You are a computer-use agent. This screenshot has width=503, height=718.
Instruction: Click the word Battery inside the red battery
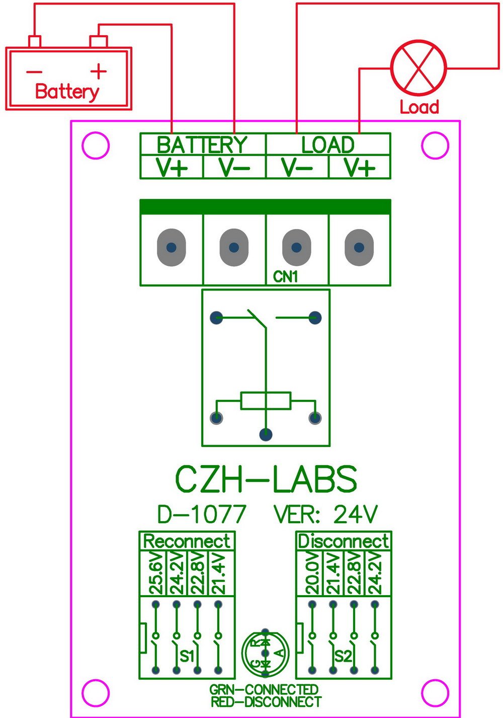coord(67,92)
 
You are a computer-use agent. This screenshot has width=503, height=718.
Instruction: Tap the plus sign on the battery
coord(98,71)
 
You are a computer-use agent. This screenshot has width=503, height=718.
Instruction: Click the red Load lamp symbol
coord(419,68)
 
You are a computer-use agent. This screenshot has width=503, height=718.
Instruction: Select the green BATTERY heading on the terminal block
coord(202,145)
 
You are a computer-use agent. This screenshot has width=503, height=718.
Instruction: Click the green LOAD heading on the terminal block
coord(328,145)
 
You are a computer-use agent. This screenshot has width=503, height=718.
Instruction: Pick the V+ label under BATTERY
coord(172,167)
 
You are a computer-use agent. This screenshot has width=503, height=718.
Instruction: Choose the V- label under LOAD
coord(297,167)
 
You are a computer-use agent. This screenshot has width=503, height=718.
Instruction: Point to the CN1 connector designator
coord(285,276)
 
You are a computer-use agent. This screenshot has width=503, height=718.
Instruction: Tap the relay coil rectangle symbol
coord(266,400)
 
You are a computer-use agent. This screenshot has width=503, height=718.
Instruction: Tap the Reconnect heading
coord(187,541)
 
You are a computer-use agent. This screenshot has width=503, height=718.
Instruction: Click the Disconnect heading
coord(343,541)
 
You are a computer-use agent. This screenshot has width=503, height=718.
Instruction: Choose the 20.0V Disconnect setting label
coord(312,573)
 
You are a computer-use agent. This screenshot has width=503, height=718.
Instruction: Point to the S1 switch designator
coord(187,656)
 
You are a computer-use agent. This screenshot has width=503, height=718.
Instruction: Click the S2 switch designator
coord(343,656)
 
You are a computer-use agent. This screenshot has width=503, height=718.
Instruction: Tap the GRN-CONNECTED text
coord(264,689)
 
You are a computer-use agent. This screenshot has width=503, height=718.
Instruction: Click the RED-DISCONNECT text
coord(266,701)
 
